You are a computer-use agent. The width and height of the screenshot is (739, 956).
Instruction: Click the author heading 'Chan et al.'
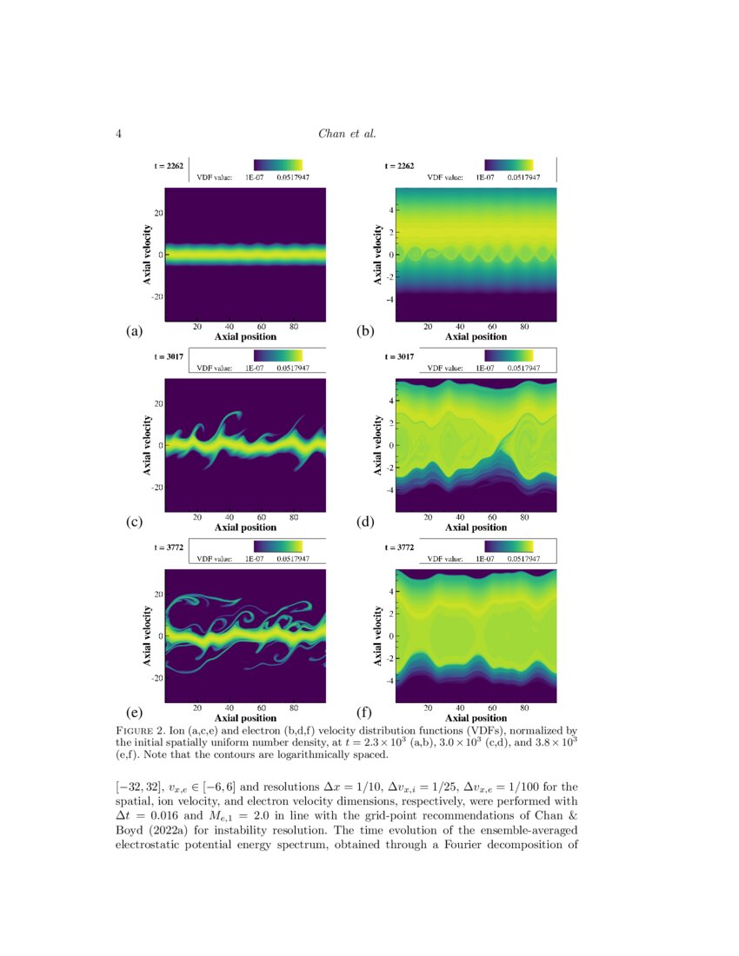tap(347, 134)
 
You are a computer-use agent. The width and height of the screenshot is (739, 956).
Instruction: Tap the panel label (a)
tap(134, 330)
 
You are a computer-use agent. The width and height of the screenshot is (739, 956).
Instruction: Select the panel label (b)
tap(365, 330)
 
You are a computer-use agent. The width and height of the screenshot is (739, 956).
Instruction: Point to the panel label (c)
tap(134, 522)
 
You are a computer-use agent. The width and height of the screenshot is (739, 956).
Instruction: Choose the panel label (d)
tap(365, 522)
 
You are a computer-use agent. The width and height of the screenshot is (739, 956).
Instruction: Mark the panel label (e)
tap(134, 714)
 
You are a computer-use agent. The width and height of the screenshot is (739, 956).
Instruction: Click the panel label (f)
tap(365, 714)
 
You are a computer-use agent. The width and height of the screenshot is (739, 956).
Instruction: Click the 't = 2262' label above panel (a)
tap(169, 165)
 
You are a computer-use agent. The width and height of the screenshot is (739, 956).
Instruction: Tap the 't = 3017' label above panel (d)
tap(399, 356)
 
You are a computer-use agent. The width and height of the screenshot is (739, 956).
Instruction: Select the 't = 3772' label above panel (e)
tap(169, 548)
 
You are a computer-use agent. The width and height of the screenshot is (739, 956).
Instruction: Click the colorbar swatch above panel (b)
tap(509, 164)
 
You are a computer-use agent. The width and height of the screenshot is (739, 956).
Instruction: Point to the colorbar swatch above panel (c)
tap(278, 355)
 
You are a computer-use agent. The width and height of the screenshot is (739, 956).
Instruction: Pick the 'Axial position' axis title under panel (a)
tap(245, 336)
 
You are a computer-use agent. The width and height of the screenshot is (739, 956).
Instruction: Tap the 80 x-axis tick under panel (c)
tap(294, 517)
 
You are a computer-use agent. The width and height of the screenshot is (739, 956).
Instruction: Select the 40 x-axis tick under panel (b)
tap(460, 327)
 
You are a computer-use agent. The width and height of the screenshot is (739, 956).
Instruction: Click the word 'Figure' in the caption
tap(139, 727)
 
